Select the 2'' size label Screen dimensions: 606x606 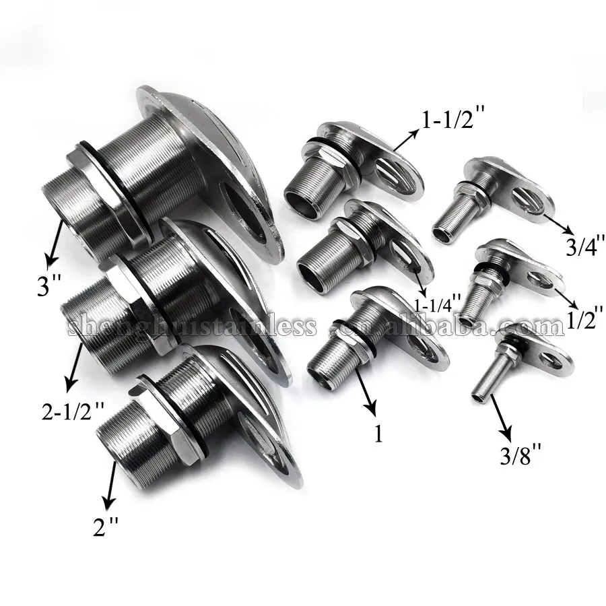pos(107,527)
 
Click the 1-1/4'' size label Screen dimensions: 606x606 pos(438,305)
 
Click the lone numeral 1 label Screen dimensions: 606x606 pos(378,434)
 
